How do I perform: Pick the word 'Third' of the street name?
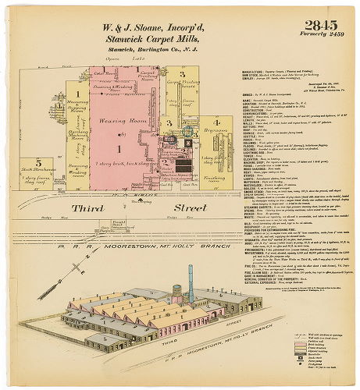click(87, 209)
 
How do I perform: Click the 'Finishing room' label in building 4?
click(212, 176)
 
